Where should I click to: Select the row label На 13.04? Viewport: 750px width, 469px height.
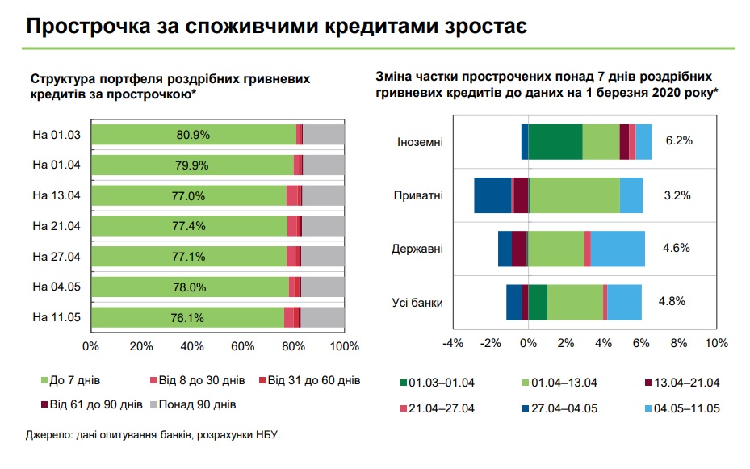tap(57, 195)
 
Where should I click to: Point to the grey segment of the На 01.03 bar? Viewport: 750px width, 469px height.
tap(324, 135)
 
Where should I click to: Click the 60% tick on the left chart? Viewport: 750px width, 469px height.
tap(243, 346)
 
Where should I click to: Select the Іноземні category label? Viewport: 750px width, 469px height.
tap(420, 142)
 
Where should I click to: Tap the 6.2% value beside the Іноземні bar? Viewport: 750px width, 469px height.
tap(679, 140)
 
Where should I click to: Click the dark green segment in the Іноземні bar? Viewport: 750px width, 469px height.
tap(555, 142)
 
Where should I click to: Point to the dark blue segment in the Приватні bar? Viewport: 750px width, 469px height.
tap(492, 195)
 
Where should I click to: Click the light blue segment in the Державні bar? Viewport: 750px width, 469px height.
tap(618, 248)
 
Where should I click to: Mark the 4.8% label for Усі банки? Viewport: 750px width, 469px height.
tap(672, 301)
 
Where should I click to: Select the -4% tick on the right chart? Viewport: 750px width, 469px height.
tap(453, 343)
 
